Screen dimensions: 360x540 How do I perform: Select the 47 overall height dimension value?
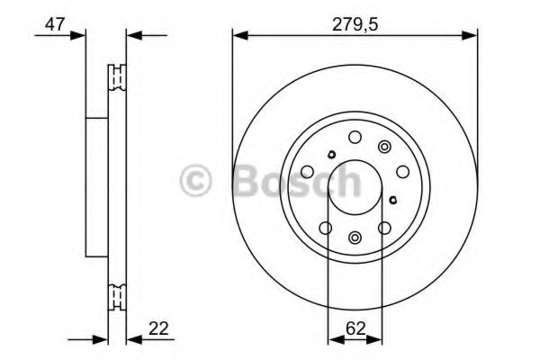point(55,24)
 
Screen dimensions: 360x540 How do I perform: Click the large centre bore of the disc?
point(354,186)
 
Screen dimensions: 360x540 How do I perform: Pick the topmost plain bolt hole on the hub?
point(354,137)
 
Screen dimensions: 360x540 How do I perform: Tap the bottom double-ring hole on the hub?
point(354,238)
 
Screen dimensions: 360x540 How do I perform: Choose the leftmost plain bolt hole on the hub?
point(307,171)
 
